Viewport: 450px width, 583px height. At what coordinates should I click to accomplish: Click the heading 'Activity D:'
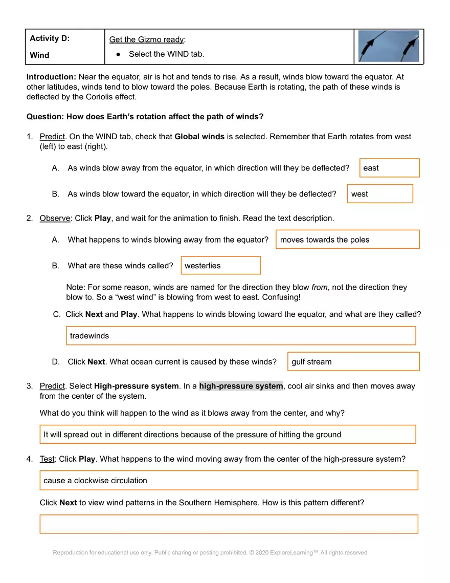[x=50, y=38]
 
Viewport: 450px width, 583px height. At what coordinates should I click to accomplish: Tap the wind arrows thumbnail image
[x=388, y=46]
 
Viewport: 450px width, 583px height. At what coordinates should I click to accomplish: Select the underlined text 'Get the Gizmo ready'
[x=146, y=40]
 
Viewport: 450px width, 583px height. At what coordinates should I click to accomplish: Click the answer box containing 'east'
[x=389, y=168]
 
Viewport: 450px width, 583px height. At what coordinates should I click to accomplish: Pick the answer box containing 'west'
[x=379, y=194]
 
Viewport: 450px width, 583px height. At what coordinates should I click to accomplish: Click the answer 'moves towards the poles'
[x=347, y=240]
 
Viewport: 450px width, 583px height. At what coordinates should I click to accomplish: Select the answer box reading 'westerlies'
[x=220, y=266]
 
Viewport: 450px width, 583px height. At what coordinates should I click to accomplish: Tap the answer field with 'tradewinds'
[x=241, y=336]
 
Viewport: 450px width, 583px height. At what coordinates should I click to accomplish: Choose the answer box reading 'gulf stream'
[x=353, y=362]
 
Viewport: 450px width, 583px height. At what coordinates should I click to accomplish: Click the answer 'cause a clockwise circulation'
[x=229, y=481]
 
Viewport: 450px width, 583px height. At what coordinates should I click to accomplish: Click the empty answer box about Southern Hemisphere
[x=229, y=524]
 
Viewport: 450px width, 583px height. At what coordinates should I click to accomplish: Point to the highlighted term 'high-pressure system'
[x=241, y=386]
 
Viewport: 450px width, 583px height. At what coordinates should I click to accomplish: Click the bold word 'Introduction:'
[x=52, y=77]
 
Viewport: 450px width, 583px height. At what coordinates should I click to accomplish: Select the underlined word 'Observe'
[x=55, y=218]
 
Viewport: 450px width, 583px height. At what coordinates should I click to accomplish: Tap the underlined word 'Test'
[x=47, y=459]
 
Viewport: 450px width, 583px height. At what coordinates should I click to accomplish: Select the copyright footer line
[x=210, y=553]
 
